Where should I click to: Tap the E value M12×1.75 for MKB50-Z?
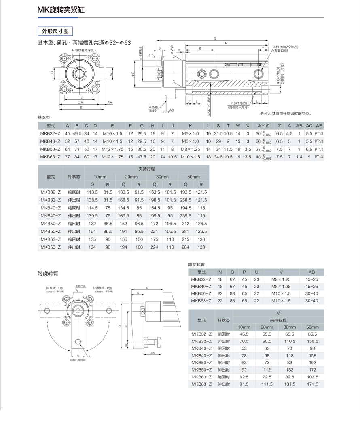(x=112, y=149)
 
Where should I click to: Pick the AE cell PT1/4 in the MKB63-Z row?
(x=319, y=157)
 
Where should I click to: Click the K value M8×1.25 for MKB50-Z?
(x=190, y=149)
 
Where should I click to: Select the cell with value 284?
(x=186, y=247)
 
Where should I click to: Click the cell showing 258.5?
(x=186, y=200)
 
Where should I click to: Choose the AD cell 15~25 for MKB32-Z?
(x=311, y=279)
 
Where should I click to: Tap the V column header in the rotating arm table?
(x=281, y=272)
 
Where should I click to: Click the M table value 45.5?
(x=244, y=334)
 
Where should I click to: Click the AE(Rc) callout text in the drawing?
(x=286, y=47)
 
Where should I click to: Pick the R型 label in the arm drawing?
(x=109, y=287)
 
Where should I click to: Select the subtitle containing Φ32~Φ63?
(x=84, y=42)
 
